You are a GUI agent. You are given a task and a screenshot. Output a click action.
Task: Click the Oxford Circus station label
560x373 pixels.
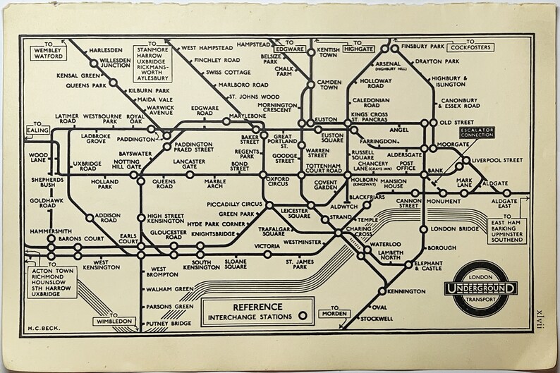pos(277,182)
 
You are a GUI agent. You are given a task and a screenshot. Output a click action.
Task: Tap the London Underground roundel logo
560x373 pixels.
pos(482,288)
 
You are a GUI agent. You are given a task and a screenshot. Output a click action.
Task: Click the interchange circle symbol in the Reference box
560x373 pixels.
pos(304,317)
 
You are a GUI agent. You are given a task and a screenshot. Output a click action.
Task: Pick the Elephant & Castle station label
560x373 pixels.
pos(438,265)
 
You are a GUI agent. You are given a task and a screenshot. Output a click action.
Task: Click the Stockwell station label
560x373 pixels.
pos(380,319)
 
